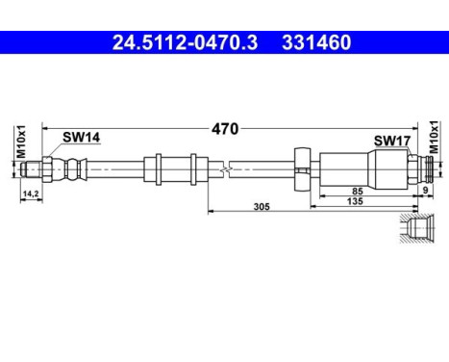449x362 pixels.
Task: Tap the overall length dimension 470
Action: tap(225, 127)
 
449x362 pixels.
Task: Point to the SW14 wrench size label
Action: tap(80, 139)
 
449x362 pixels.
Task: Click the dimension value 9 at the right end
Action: tap(427, 191)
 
